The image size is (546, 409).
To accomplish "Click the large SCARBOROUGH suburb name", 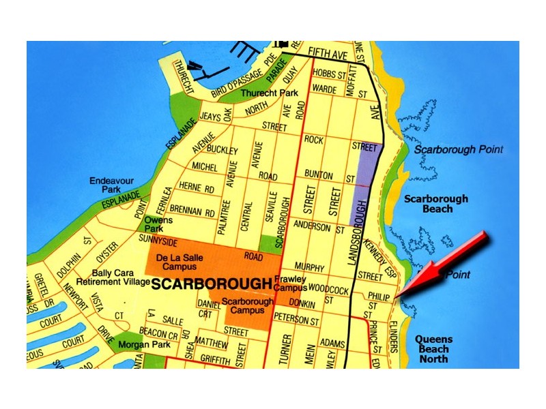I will click(212, 284).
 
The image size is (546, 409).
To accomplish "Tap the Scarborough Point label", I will click(458, 149).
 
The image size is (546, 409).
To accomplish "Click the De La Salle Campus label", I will click(181, 262).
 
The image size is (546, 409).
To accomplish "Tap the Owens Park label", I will click(158, 225).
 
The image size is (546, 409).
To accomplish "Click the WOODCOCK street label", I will click(329, 290).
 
